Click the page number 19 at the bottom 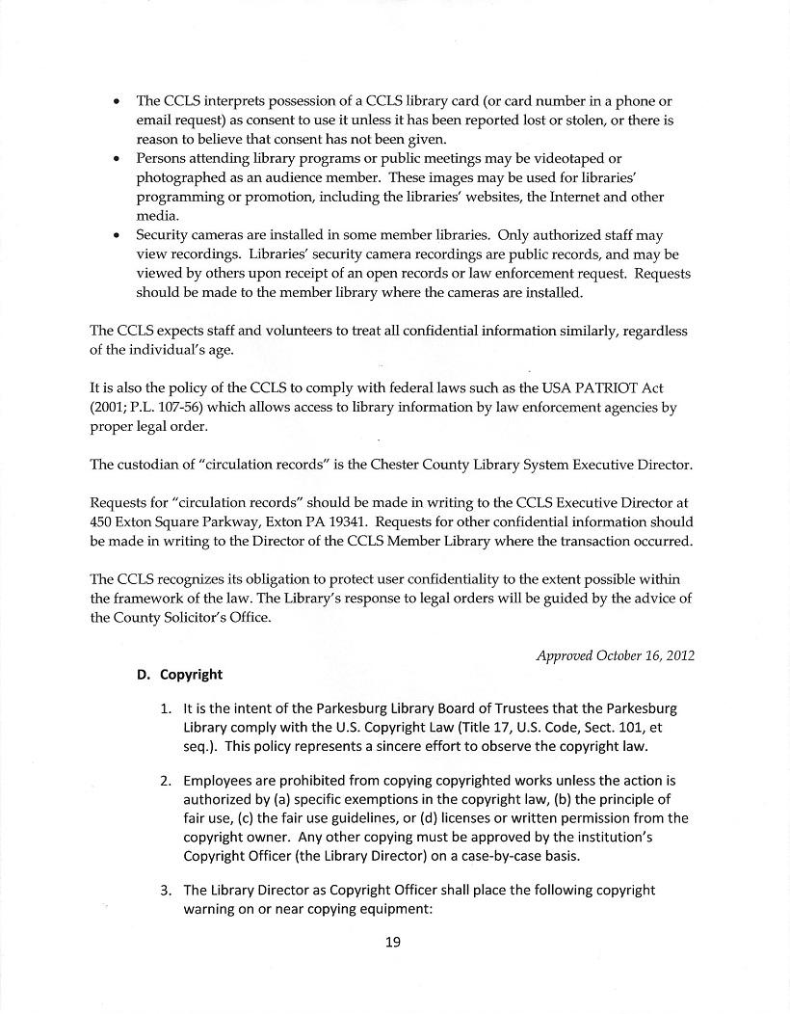click(x=392, y=943)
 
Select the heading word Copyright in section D click(x=192, y=675)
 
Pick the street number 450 click(x=103, y=521)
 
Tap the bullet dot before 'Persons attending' click(x=117, y=158)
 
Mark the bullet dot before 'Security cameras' click(x=117, y=235)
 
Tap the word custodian click(x=152, y=465)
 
